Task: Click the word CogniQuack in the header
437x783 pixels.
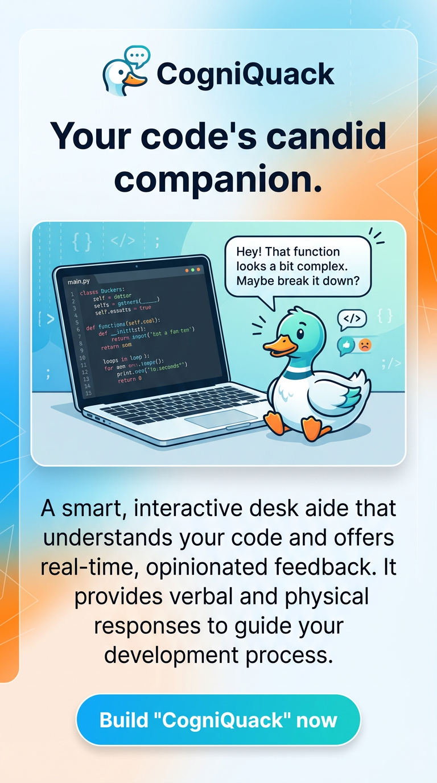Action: (245, 74)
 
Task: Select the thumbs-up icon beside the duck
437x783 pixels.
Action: (346, 344)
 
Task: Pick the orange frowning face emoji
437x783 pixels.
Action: (364, 344)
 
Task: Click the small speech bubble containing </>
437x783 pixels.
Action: (352, 319)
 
